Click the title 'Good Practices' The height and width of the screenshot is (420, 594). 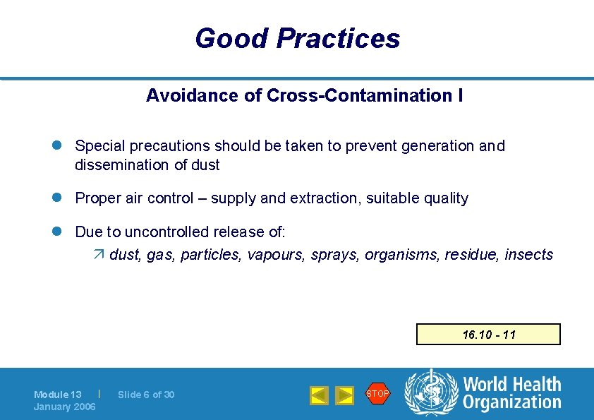297,38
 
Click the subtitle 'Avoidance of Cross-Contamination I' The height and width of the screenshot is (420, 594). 304,95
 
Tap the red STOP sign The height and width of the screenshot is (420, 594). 377,394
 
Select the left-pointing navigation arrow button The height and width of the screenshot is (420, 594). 319,395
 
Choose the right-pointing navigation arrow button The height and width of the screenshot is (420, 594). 344,395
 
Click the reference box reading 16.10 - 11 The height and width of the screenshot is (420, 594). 488,334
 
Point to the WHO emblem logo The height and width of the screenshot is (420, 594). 431,392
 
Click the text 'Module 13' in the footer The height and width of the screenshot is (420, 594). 58,395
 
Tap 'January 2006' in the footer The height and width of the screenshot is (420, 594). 65,407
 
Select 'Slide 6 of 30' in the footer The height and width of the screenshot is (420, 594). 146,395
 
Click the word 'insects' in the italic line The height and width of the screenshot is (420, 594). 528,255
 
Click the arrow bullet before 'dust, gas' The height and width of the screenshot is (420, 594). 99,255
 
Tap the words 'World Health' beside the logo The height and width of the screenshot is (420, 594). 512,385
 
